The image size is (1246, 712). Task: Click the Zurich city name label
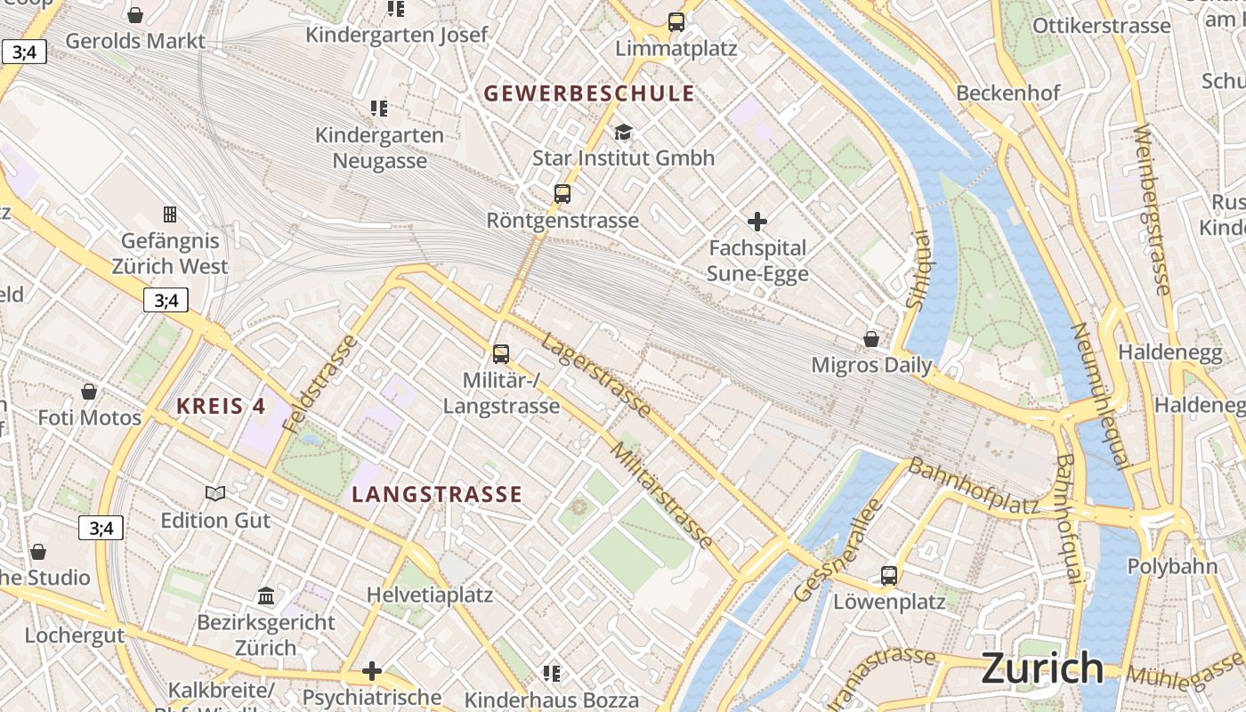click(1042, 668)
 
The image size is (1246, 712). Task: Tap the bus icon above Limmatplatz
click(676, 22)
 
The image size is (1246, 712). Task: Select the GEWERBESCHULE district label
click(588, 93)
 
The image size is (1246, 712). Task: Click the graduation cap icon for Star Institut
click(623, 132)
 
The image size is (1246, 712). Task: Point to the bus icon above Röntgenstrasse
click(562, 193)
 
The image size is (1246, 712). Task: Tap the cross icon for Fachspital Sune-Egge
click(757, 221)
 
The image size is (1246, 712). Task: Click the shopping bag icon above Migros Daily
click(871, 339)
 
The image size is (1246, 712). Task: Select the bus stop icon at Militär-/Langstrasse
click(501, 353)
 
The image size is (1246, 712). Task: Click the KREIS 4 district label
click(221, 407)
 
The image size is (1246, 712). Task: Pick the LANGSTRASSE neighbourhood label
click(437, 495)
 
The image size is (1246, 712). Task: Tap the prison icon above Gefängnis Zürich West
click(169, 214)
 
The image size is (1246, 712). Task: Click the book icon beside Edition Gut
click(215, 493)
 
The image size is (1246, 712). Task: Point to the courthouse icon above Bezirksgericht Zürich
click(266, 595)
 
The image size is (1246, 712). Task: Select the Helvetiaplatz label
click(430, 595)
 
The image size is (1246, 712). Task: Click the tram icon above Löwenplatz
click(889, 575)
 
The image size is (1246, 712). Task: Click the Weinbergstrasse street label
click(1152, 209)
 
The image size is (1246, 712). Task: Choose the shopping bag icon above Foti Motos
click(89, 392)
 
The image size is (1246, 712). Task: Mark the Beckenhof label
click(1008, 93)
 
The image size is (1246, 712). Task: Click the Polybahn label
click(1172, 567)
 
